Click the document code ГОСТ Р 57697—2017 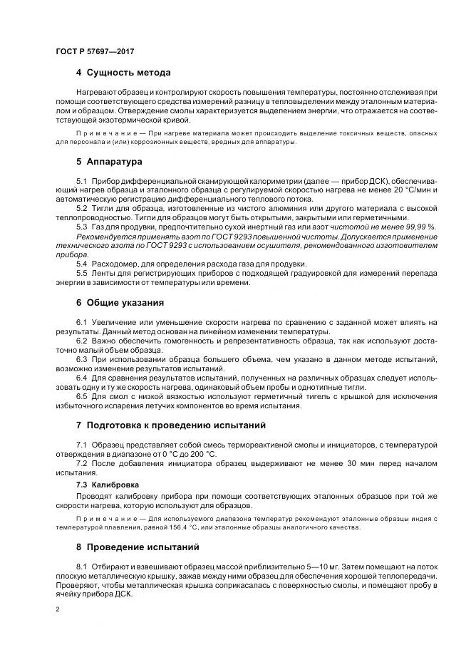[94, 52]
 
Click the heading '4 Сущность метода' [123, 73]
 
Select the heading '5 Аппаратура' [108, 162]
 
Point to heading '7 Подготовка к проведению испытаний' [170, 425]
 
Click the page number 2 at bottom [57, 610]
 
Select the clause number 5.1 [81, 182]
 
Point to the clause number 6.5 [81, 395]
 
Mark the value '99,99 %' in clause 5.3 [420, 226]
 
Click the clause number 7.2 [81, 463]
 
